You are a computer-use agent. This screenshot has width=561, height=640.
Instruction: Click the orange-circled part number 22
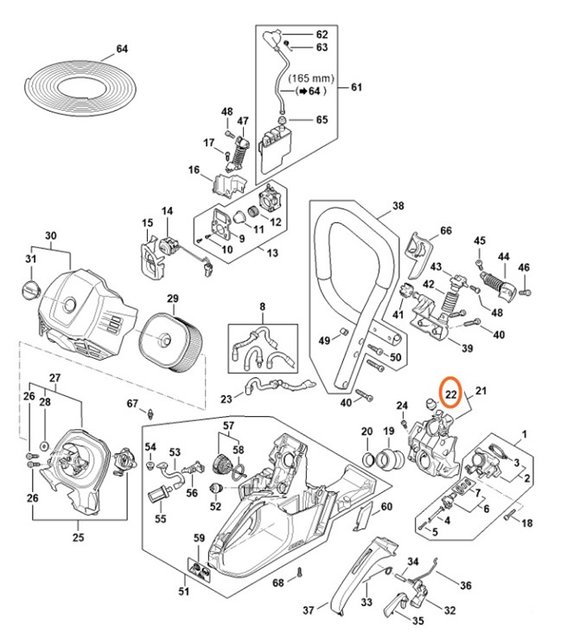point(450,394)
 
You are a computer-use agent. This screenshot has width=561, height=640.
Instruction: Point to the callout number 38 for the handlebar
point(398,206)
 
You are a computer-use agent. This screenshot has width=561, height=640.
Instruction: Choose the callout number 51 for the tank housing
point(183,592)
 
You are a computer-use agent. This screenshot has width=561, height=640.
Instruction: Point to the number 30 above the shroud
point(50,235)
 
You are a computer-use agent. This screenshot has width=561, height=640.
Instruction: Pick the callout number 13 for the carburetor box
point(273,253)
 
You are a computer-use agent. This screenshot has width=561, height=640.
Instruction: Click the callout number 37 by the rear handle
point(309,611)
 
